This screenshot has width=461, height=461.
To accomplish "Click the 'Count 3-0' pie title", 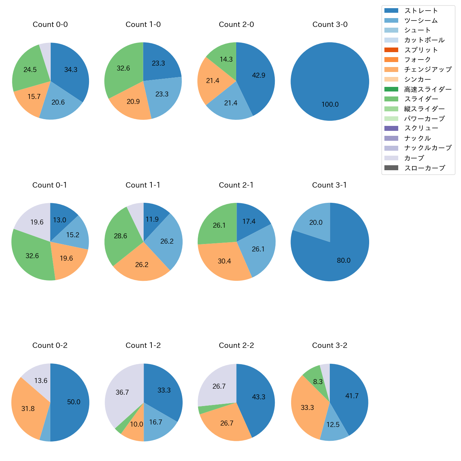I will [330, 24].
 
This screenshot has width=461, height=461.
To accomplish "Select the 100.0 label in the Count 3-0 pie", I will [330, 105].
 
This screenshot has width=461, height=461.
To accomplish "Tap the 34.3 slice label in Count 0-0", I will [71, 70].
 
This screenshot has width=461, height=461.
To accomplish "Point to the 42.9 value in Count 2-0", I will [259, 76].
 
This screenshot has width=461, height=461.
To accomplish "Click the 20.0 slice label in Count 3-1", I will [316, 223].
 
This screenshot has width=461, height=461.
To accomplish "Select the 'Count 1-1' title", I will [143, 185].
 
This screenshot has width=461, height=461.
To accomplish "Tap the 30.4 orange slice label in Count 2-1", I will [224, 261].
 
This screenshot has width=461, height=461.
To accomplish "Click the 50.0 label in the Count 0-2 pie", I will [73, 402].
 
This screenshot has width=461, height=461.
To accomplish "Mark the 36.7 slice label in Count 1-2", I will [122, 393].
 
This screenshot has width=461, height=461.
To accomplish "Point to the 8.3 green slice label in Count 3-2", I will [318, 382].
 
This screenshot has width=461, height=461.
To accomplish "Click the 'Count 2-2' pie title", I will [236, 345].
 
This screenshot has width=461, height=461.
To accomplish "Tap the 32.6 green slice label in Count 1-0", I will [123, 68].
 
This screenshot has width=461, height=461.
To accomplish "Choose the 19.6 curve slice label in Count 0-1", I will [37, 222].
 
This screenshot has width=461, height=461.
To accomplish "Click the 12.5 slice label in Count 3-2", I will [333, 425].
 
